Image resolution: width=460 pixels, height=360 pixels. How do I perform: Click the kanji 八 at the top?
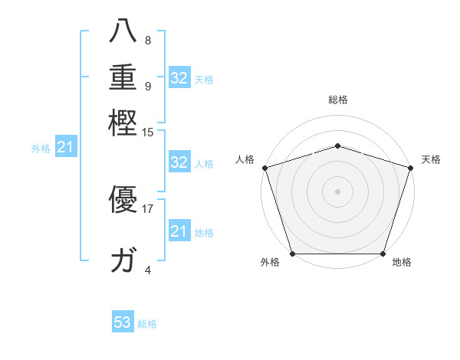tap(123, 31)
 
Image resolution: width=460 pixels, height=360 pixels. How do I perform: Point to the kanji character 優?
tap(123, 201)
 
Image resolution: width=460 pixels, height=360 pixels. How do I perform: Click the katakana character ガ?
tap(123, 260)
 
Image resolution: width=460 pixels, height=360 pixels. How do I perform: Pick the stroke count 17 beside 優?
tap(148, 208)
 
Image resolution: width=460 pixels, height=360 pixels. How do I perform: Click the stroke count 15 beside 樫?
tap(148, 133)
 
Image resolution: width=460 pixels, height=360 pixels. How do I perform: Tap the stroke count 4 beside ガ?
tap(148, 270)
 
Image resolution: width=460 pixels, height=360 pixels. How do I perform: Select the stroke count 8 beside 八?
tap(147, 41)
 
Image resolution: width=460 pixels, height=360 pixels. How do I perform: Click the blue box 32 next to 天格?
tap(179, 78)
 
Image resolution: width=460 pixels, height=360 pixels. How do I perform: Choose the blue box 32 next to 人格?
tap(179, 162)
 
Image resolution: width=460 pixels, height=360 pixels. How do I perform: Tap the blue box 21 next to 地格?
tap(179, 231)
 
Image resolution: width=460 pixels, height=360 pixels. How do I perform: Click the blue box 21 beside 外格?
tap(64, 148)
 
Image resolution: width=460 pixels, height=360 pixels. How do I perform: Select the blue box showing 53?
tap(123, 322)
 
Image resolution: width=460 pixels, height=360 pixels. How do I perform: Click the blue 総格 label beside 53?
tap(147, 324)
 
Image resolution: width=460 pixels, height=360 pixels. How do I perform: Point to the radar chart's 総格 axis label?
tap(337, 100)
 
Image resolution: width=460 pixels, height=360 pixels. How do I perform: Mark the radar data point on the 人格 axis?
tap(264, 168)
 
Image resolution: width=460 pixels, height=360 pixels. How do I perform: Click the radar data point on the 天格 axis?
tap(410, 168)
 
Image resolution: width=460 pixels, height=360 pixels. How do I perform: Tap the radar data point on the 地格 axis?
tap(383, 254)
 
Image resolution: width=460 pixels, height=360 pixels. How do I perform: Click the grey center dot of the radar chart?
tap(337, 191)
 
